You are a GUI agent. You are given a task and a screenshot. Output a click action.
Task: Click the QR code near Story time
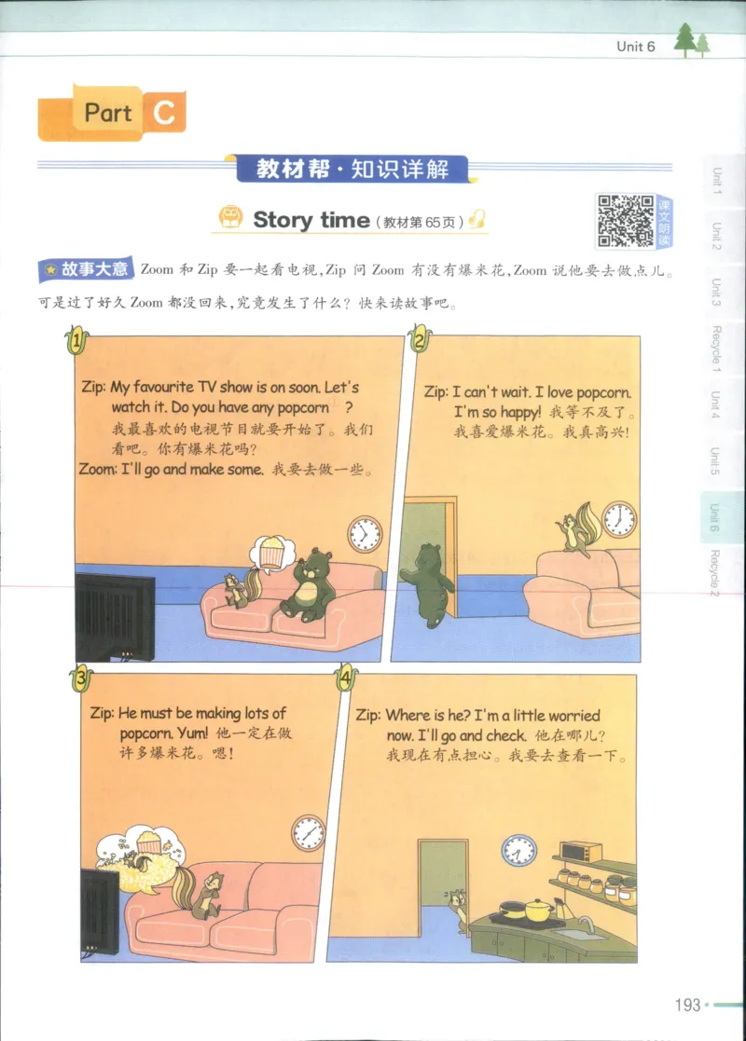pyautogui.click(x=625, y=221)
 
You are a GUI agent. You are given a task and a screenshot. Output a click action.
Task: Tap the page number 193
pyautogui.click(x=686, y=1006)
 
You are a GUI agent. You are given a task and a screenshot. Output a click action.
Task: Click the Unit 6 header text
pyautogui.click(x=636, y=47)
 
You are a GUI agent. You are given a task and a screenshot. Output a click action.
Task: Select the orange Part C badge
pyautogui.click(x=112, y=114)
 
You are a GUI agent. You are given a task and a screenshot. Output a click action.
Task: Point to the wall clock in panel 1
pyautogui.click(x=365, y=534)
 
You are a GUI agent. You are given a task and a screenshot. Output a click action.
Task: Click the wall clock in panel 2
pyautogui.click(x=618, y=519)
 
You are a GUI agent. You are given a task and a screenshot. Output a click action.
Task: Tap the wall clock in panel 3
pyautogui.click(x=308, y=832)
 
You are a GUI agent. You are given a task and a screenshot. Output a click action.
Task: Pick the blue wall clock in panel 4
pyautogui.click(x=518, y=849)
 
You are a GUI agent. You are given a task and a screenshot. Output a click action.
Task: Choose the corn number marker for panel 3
pyautogui.click(x=81, y=678)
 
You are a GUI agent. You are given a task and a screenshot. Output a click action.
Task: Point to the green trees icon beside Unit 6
pyautogui.click(x=691, y=41)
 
